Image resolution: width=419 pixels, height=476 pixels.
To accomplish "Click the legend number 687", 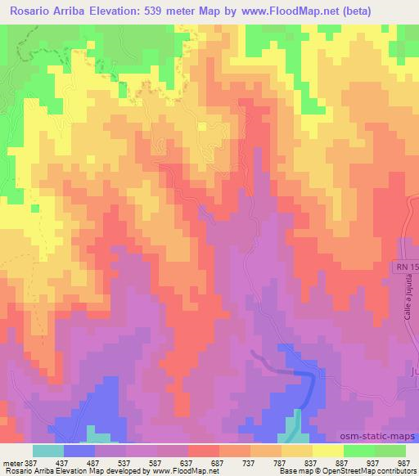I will click(x=218, y=462).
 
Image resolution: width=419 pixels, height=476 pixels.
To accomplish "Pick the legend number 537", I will click(x=124, y=462).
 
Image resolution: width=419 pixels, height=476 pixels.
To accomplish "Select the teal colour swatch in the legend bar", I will click(x=48, y=451).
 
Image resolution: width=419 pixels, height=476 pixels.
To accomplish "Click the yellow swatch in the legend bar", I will click(x=327, y=451).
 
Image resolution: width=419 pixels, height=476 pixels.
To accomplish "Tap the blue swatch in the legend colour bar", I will click(x=79, y=451).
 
